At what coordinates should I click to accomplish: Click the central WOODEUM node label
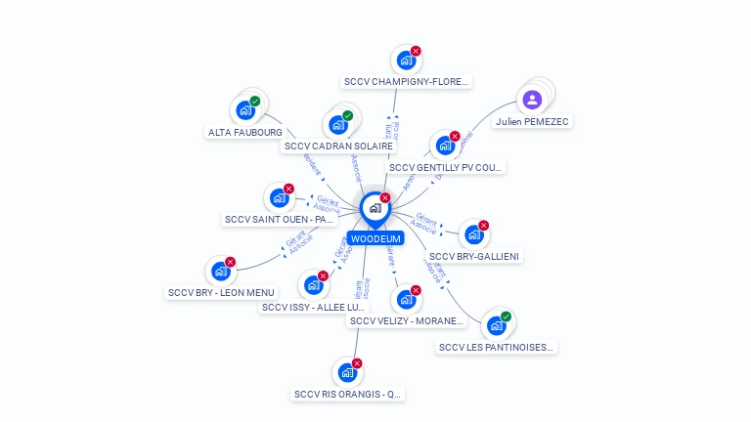click(x=375, y=238)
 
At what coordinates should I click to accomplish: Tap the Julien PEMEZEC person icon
click(x=532, y=99)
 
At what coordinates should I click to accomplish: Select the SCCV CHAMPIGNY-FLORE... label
click(x=407, y=82)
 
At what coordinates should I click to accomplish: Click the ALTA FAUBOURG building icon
click(x=244, y=110)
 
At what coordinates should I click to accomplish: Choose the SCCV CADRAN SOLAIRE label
click(x=338, y=147)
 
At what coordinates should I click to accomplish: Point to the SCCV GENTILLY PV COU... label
click(x=446, y=167)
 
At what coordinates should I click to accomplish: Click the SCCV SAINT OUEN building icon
click(x=279, y=198)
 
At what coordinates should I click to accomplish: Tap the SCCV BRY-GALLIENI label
click(x=475, y=256)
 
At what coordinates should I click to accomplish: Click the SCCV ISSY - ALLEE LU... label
click(x=315, y=307)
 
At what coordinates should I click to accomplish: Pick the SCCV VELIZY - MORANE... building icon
click(x=406, y=300)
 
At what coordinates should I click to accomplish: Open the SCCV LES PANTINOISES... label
click(x=497, y=347)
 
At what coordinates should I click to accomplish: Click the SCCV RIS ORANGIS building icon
click(x=347, y=373)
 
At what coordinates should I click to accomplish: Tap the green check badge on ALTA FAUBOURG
click(x=255, y=101)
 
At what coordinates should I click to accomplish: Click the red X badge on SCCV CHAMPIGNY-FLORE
click(x=416, y=51)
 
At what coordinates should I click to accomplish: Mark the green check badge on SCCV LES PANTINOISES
click(x=506, y=316)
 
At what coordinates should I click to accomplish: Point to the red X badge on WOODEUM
click(x=385, y=197)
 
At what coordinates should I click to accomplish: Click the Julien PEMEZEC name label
click(x=532, y=122)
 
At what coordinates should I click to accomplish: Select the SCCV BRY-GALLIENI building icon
click(x=473, y=234)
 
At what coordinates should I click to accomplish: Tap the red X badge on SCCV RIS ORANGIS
click(x=357, y=363)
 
